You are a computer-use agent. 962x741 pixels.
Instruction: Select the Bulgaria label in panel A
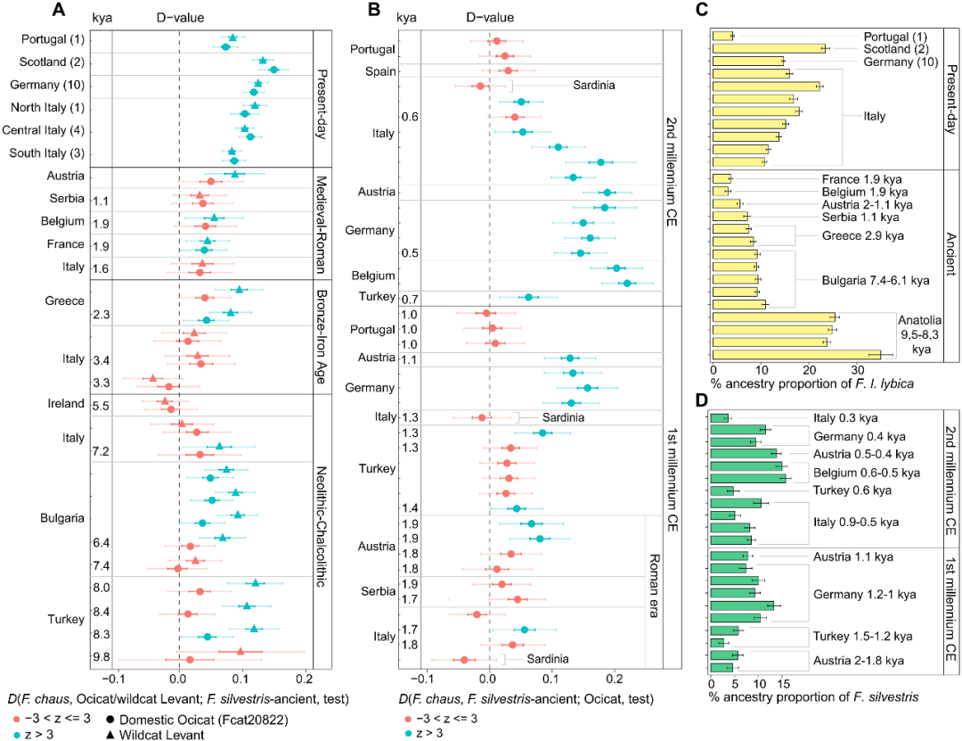(61, 518)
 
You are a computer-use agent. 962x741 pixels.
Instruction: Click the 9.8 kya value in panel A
(101, 657)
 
